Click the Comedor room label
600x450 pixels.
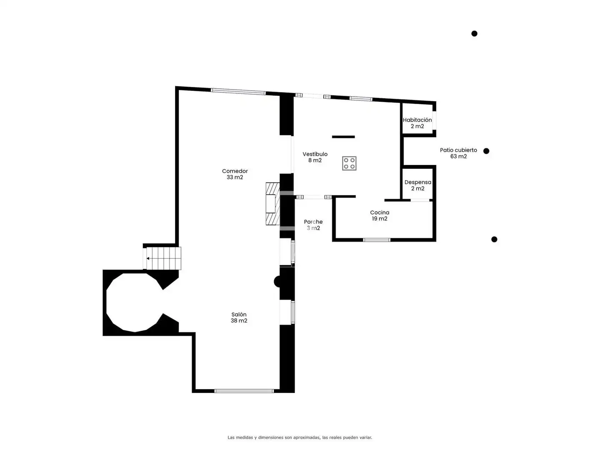pos(235,174)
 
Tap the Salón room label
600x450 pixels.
pos(239,317)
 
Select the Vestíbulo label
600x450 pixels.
pos(315,157)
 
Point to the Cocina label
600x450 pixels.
pos(380,215)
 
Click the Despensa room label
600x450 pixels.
pos(417,185)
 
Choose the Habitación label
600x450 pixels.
pos(417,123)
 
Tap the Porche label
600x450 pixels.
pos(313,225)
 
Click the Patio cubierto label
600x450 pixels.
pos(458,153)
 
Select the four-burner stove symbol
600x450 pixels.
pos(349,163)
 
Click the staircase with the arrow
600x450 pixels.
pos(162,258)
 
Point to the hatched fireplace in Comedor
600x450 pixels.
pos(273,204)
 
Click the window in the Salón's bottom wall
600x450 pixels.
pos(244,391)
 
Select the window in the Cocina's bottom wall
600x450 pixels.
pos(376,240)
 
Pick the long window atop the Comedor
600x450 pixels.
pos(238,92)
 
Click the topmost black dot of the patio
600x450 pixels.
pos(474,34)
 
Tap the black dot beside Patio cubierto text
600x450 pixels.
pos(486,151)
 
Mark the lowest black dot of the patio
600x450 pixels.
pos(494,239)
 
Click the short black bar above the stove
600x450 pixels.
pos(343,137)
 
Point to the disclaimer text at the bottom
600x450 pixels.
pos(300,437)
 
